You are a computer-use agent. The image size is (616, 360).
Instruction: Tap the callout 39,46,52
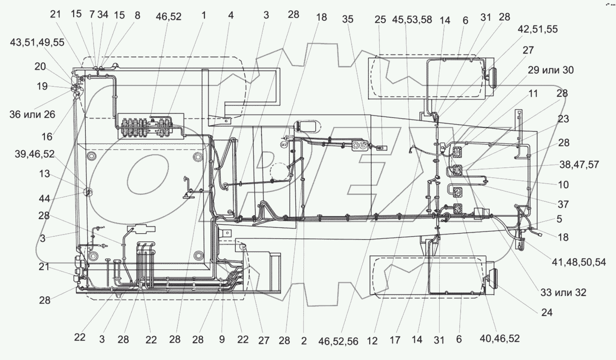34,155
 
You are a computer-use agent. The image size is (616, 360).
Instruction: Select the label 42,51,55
537,29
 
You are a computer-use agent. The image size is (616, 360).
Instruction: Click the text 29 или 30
551,70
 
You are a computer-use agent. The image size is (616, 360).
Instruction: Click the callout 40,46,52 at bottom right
500,339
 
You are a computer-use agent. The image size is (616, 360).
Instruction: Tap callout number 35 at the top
348,19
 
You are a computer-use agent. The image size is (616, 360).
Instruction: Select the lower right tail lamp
491,277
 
